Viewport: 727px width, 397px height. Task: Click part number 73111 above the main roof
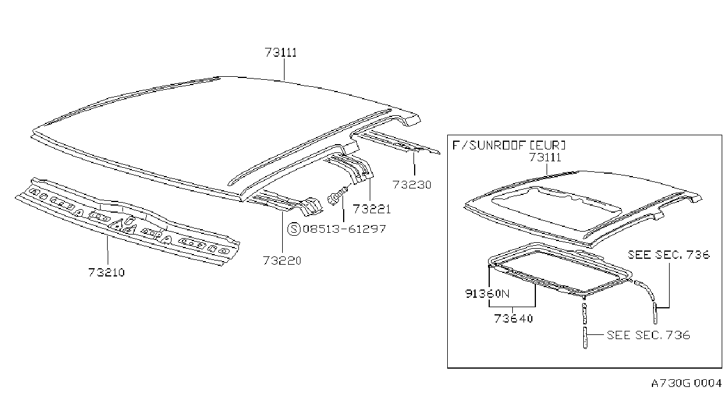click(281, 53)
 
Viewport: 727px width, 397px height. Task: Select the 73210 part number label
click(106, 272)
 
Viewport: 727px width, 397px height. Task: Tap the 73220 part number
click(282, 261)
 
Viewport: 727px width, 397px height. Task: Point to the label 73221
click(372, 209)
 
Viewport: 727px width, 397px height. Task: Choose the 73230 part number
click(412, 185)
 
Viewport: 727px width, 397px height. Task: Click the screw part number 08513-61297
click(344, 229)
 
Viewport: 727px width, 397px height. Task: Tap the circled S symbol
click(294, 229)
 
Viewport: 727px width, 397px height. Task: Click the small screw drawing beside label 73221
click(338, 196)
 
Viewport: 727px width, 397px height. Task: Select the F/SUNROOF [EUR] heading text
click(509, 145)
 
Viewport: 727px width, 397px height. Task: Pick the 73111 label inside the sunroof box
click(545, 157)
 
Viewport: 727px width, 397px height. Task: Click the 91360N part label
click(487, 294)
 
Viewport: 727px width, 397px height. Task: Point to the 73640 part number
click(513, 318)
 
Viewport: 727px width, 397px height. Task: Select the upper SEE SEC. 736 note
click(669, 255)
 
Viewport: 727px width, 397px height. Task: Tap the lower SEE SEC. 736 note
click(648, 335)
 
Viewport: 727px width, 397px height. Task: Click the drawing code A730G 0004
click(686, 383)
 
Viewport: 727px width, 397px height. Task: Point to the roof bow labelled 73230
click(396, 142)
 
